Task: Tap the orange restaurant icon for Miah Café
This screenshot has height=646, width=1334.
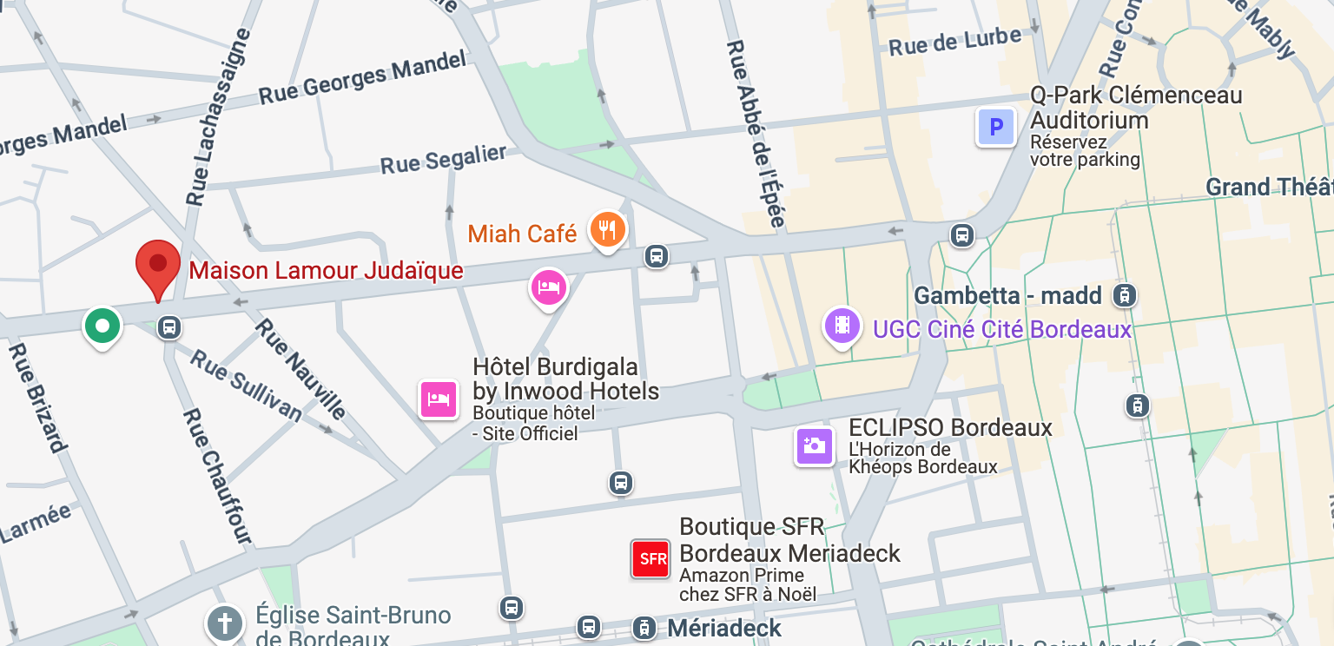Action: (x=608, y=230)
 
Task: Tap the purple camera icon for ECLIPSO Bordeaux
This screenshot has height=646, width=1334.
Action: (x=814, y=446)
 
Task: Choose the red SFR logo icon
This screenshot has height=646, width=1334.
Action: (x=652, y=559)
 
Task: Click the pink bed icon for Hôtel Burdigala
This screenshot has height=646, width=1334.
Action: (x=439, y=399)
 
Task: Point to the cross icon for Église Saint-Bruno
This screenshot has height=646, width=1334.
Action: (x=225, y=623)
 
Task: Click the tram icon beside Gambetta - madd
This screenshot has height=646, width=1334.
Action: (x=1125, y=296)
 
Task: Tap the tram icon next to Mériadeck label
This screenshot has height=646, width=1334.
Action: (x=644, y=627)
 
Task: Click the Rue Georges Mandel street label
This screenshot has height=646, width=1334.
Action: (x=362, y=78)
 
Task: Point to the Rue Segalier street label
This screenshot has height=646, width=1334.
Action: (x=444, y=159)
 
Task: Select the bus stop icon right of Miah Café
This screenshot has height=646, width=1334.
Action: (x=657, y=256)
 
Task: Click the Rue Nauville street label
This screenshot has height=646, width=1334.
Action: (x=300, y=368)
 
